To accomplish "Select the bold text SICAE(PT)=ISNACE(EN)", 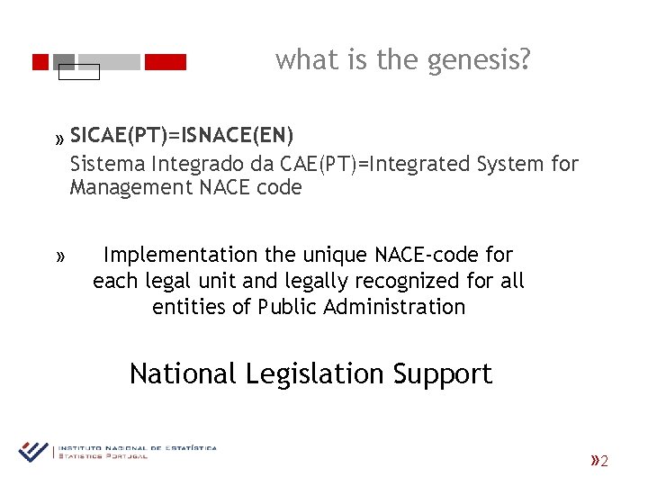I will point(182,136).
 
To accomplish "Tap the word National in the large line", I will point(183,373).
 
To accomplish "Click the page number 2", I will point(605,462).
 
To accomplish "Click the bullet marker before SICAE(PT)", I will point(59,139).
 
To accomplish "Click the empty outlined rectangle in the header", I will point(78,72).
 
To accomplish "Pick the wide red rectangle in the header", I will point(165,62).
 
